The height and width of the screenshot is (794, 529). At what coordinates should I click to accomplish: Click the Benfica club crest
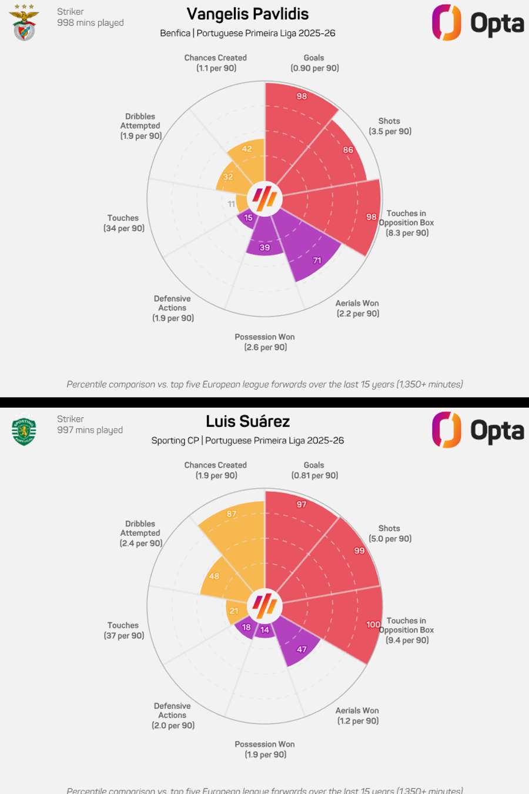(x=24, y=23)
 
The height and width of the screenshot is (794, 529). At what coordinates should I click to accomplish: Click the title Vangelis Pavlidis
(x=247, y=14)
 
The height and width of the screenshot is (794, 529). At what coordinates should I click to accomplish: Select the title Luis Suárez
(x=247, y=422)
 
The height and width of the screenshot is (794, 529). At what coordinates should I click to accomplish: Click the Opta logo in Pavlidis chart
(x=478, y=23)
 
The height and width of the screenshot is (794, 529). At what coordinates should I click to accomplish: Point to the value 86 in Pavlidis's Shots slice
(x=348, y=150)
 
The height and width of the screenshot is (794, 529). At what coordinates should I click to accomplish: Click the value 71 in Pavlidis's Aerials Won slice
(x=317, y=261)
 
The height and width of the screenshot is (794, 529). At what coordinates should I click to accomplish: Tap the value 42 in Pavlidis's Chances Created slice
(x=247, y=149)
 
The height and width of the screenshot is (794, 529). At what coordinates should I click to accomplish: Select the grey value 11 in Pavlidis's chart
(x=232, y=204)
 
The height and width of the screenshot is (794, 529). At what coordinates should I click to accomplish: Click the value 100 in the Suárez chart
(x=373, y=625)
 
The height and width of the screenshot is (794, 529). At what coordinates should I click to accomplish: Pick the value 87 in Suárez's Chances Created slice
(x=232, y=514)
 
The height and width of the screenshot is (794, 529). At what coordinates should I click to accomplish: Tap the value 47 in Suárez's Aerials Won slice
(x=302, y=649)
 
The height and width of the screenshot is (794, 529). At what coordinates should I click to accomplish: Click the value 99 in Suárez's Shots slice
(x=359, y=551)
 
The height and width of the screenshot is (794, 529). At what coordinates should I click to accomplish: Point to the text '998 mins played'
(x=91, y=23)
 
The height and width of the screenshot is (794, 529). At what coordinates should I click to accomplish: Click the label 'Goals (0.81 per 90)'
(x=314, y=471)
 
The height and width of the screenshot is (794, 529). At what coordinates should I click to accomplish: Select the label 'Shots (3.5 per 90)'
(x=390, y=126)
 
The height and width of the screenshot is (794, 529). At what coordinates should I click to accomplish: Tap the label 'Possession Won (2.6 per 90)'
(x=265, y=342)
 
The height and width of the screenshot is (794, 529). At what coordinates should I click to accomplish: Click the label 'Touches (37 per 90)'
(x=123, y=630)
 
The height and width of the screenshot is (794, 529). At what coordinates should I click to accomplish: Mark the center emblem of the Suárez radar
(x=265, y=605)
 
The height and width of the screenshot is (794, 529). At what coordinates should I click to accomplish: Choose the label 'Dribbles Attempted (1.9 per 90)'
(x=140, y=126)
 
